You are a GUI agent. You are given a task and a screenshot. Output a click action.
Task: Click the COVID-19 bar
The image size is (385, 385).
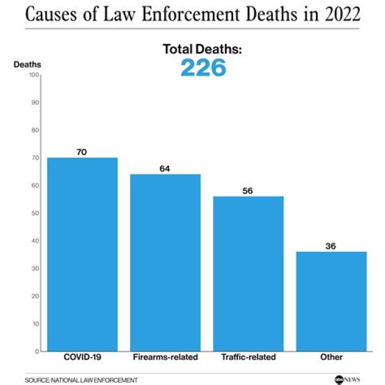(x=82, y=254)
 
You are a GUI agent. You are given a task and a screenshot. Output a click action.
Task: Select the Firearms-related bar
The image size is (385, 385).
(x=165, y=262)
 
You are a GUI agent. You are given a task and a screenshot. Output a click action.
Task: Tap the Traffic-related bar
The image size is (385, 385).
(x=248, y=273)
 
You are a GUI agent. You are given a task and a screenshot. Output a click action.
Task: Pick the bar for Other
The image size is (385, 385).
(x=331, y=301)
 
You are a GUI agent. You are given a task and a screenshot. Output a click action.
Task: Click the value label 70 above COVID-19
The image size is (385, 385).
(x=81, y=152)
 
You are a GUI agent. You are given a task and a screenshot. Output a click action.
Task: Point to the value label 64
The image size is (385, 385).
(x=165, y=168)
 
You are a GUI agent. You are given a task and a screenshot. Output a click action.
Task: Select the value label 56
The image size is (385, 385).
(x=248, y=190)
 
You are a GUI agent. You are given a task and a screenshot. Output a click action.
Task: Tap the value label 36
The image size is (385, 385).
(x=330, y=246)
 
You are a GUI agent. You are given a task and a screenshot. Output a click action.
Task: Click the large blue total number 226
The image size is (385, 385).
(x=203, y=68)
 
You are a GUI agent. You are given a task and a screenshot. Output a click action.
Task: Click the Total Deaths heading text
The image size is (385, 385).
(x=203, y=50)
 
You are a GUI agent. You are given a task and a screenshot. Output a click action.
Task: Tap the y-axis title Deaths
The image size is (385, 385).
(x=27, y=65)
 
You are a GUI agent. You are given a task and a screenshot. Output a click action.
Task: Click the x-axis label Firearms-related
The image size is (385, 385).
(x=165, y=357)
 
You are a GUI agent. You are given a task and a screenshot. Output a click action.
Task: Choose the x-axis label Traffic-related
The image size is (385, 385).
(x=248, y=357)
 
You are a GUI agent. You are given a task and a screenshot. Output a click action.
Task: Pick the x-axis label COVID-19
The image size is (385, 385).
(x=82, y=357)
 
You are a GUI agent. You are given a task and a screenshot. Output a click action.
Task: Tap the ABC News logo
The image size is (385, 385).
(x=347, y=379)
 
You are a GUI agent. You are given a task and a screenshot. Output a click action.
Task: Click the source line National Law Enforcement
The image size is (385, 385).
(x=81, y=380)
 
